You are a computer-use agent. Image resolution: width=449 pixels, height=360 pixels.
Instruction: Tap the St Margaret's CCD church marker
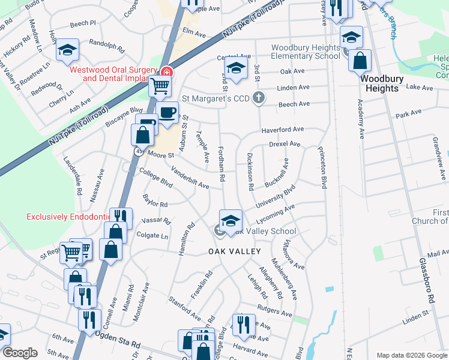(259, 97)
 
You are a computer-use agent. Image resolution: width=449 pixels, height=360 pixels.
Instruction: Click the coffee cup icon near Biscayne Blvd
(168, 112)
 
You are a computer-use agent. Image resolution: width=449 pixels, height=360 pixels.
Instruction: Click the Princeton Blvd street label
(322, 168)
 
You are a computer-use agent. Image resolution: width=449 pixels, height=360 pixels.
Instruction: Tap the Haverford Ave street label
(282, 130)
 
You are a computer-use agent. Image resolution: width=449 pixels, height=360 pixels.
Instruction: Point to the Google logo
(20, 353)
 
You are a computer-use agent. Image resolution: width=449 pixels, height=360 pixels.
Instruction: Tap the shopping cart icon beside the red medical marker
(159, 86)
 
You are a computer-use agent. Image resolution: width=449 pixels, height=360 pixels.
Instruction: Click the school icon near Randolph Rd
(67, 50)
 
